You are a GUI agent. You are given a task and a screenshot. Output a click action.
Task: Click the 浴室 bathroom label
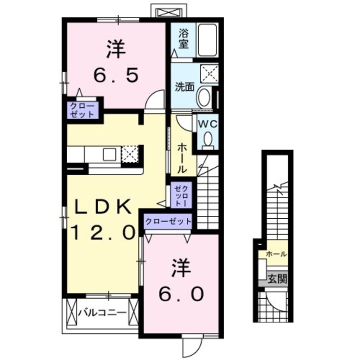[184, 38]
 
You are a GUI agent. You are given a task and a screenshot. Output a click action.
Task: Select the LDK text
[102, 208]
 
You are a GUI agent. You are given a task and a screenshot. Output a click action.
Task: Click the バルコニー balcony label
[102, 313]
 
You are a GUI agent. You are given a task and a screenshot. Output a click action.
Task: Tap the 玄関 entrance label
[277, 279]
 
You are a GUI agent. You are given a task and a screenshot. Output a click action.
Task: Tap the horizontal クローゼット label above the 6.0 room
[168, 221]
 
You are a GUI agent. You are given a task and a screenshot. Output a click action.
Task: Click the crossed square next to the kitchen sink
[129, 154]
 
